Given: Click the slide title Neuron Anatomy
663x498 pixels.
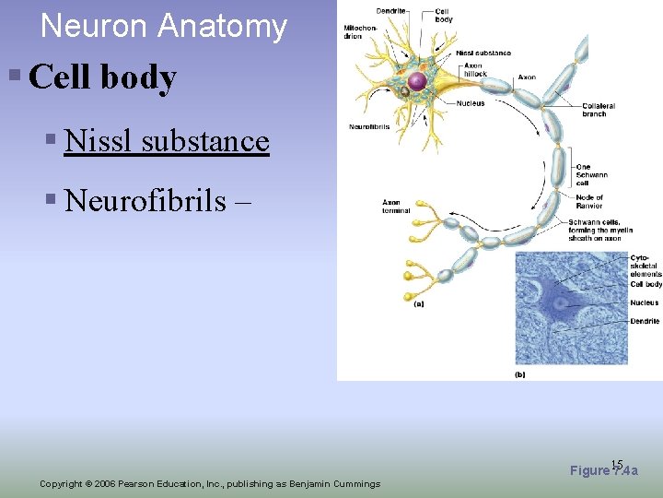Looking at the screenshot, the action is pos(164,26).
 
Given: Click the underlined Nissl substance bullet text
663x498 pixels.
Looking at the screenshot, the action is pos(167,140).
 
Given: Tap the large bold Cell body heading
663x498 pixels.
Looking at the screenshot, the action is pos(102,77).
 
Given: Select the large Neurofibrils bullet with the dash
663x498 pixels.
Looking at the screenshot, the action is pos(157,199).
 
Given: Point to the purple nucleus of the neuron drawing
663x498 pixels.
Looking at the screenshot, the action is pos(417,82).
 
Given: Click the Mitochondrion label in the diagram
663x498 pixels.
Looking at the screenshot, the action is pos(360,33).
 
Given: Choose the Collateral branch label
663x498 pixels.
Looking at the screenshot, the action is pos(599,110).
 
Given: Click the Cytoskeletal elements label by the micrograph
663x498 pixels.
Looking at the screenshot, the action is pos(646,266).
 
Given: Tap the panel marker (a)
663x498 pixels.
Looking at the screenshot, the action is pos(419,303).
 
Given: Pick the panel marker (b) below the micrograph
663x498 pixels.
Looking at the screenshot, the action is pos(520,375).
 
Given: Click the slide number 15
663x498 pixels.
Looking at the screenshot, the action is pos(617,465).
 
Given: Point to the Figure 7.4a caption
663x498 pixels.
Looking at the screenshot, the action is pos(604,471).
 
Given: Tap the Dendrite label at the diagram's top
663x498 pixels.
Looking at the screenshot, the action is pos(390,10).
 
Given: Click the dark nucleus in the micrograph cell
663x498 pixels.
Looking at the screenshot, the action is pos(558,302).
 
